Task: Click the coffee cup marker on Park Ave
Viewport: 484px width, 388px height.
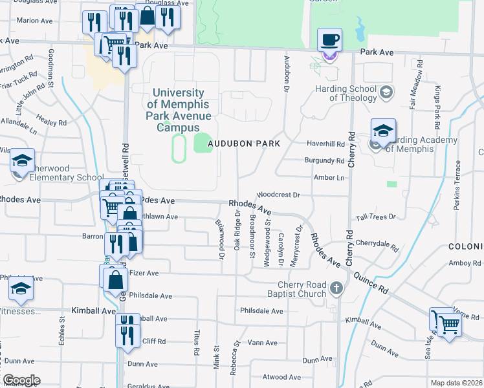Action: coord(329,40)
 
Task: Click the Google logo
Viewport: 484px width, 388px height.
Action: coord(21,380)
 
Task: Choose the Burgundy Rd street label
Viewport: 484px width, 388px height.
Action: coord(324,160)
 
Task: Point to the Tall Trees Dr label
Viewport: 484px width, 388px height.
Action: coord(375,217)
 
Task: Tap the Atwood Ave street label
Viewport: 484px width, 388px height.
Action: coord(282,377)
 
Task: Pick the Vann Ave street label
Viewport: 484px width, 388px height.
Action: coord(262,343)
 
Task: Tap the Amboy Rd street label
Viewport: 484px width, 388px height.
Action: coord(463,263)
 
